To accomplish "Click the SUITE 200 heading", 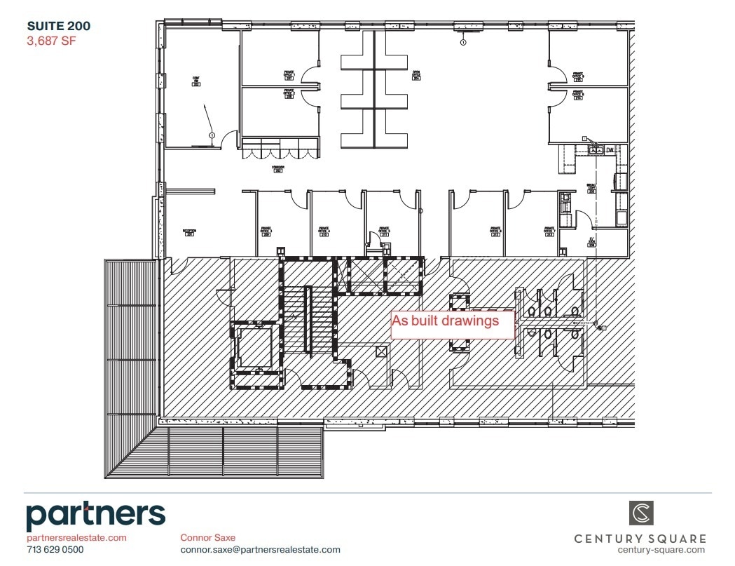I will click(59, 27).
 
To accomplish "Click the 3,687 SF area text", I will click(50, 41).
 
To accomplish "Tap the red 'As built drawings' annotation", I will click(445, 321).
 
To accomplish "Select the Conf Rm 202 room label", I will click(197, 81).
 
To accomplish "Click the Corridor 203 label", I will click(277, 169).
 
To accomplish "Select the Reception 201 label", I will click(188, 233).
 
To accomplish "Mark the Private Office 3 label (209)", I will click(266, 231).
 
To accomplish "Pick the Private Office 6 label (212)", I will click(495, 231).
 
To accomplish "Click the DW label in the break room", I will click(610, 149).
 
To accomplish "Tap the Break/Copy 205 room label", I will click(591, 189).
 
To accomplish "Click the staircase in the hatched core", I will click(308, 319).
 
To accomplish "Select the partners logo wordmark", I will click(96, 516).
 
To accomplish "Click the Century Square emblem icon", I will click(640, 513).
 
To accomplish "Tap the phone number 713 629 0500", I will click(55, 550).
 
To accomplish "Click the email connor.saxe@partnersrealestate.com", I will click(260, 550).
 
